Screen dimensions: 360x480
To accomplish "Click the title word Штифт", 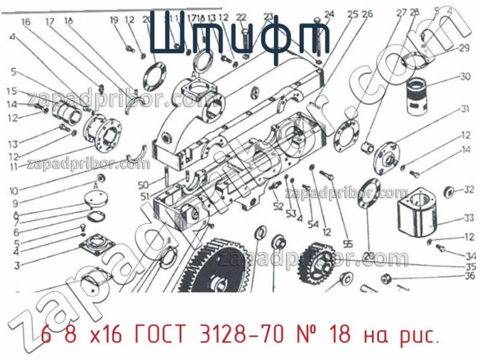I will (240, 37).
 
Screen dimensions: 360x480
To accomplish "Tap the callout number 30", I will (465, 76).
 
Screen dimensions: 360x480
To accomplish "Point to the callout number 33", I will (469, 218).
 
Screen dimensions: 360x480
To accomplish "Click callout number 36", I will (470, 277).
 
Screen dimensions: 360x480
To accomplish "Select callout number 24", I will (329, 14).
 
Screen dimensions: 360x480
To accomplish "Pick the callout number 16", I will (26, 22).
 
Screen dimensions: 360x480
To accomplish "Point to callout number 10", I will (13, 191).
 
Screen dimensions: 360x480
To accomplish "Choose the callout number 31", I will (465, 109).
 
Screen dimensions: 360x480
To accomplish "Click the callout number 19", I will (115, 21).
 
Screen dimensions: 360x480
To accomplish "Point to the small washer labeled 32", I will (447, 191).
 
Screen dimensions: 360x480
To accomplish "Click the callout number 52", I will (278, 206).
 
